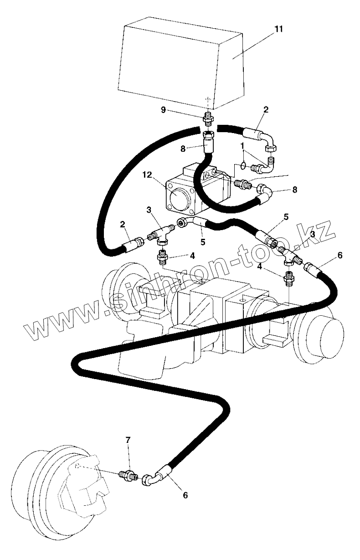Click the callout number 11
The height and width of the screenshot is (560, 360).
[x=278, y=29]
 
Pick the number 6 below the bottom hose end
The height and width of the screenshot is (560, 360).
[x=185, y=494]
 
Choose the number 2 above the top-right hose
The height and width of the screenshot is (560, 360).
[x=266, y=110]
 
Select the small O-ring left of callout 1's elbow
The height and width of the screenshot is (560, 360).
[x=244, y=165]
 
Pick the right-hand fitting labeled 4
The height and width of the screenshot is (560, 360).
[x=288, y=277]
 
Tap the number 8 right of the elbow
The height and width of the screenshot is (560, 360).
[x=294, y=189]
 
